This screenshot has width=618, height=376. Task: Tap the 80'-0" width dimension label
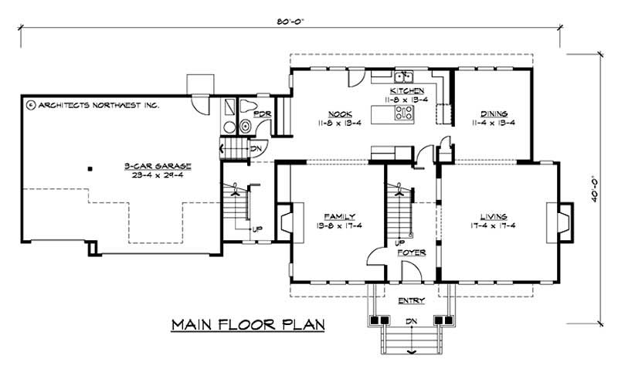(x=290, y=22)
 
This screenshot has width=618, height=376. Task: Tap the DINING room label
(x=493, y=113)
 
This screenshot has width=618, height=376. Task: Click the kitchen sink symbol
(x=403, y=76)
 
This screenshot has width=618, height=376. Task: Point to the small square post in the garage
(x=90, y=167)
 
